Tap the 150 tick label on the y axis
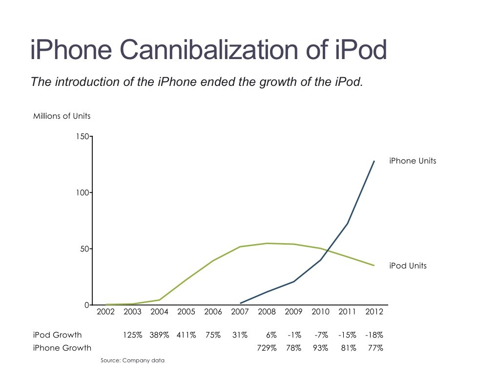pyautogui.click(x=83, y=137)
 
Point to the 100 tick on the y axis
pyautogui.click(x=83, y=193)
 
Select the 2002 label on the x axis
pyautogui.click(x=106, y=312)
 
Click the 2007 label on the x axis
pyautogui.click(x=240, y=312)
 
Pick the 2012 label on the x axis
pyautogui.click(x=374, y=312)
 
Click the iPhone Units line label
pyautogui.click(x=413, y=161)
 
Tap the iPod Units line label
pyautogui.click(x=408, y=266)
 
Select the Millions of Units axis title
pyautogui.click(x=62, y=116)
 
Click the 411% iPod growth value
pyautogui.click(x=186, y=335)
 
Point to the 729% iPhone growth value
pyautogui.click(x=267, y=348)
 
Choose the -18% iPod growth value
pyautogui.click(x=374, y=335)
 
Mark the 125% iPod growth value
pyautogui.click(x=132, y=335)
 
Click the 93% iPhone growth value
pyautogui.click(x=320, y=348)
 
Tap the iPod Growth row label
pyautogui.click(x=57, y=335)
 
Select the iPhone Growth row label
pyautogui.click(x=62, y=348)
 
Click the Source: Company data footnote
pyautogui.click(x=132, y=360)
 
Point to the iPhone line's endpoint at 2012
pyautogui.click(x=374, y=161)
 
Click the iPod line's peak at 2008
pyautogui.click(x=267, y=243)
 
